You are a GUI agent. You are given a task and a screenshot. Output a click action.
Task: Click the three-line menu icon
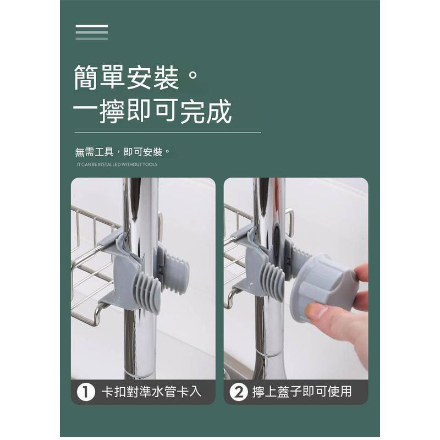point(92,32)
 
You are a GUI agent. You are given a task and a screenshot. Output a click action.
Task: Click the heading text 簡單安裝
point(127,78)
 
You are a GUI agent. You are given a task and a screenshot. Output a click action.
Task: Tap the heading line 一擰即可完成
point(152,112)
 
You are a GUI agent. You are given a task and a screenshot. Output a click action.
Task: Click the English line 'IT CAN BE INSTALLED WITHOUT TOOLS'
point(117,164)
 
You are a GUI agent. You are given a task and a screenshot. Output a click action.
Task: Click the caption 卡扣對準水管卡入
point(152,392)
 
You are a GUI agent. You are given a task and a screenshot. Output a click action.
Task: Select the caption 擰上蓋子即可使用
point(301,392)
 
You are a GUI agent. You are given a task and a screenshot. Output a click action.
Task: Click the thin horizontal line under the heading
point(167,133)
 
